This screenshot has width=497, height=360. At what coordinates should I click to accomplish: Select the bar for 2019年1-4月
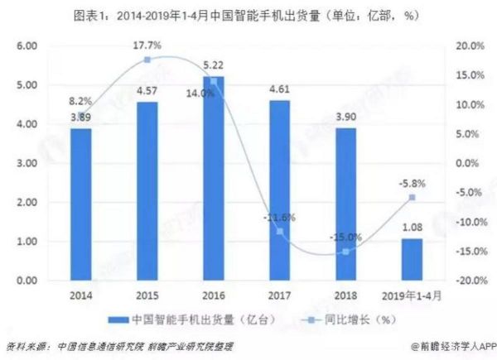(412, 260)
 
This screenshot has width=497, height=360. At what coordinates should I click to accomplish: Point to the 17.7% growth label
(147, 46)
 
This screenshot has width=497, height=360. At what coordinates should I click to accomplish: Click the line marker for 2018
(345, 252)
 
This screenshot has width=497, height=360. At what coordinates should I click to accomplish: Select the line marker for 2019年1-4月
(412, 198)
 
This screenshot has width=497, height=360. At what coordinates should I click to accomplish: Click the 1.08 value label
(412, 227)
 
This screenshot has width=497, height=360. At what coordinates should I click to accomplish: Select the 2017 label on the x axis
(279, 295)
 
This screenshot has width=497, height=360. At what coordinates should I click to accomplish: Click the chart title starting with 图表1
(248, 13)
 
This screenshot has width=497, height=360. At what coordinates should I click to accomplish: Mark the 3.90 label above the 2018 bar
(345, 117)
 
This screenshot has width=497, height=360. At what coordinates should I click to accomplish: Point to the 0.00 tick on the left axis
(31, 281)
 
